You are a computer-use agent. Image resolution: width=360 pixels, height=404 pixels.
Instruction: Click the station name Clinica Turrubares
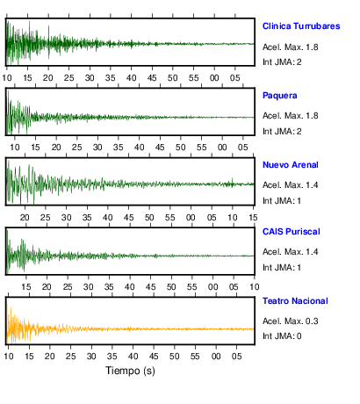301,26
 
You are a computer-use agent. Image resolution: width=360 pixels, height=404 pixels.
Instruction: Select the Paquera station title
280,96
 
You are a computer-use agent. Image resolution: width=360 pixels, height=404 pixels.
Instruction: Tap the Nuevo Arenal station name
291,165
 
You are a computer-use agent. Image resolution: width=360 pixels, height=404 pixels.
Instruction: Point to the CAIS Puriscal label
292,232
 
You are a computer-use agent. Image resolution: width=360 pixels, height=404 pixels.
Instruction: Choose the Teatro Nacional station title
295,301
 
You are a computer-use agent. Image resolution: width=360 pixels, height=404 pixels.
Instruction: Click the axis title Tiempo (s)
130,371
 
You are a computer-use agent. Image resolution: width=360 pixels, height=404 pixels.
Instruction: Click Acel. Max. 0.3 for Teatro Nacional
291,321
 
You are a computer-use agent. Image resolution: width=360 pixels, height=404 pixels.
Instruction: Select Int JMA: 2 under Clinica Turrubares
282,62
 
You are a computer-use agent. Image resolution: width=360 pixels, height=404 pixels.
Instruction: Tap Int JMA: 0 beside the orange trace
282,336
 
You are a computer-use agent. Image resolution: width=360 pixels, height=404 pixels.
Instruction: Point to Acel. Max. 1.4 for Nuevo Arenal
291,185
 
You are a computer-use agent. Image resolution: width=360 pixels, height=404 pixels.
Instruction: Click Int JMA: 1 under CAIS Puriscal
282,268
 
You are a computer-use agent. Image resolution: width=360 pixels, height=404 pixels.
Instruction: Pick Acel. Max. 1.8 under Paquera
291,116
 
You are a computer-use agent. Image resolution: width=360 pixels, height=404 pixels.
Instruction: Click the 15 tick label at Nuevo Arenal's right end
253,218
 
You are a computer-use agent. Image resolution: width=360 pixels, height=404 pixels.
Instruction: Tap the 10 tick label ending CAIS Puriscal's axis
255,287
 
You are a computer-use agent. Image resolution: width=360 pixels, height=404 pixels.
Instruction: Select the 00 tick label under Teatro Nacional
216,357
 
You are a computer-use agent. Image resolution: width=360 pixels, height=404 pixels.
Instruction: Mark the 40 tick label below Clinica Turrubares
131,78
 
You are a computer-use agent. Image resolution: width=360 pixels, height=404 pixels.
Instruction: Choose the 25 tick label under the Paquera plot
76,148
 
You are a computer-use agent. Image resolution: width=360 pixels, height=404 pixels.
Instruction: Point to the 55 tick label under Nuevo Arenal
169,218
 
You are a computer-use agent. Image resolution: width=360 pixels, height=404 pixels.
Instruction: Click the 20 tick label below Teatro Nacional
50,357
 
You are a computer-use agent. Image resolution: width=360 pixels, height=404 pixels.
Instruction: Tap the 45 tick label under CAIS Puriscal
150,287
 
